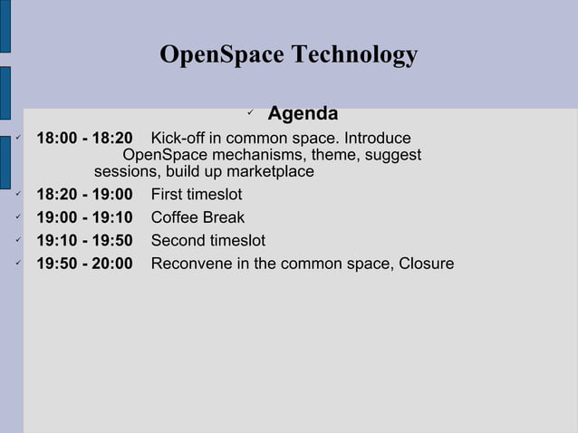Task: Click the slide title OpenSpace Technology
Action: click(x=288, y=55)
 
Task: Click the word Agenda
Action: click(x=303, y=114)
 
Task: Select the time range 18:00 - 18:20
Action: click(x=83, y=139)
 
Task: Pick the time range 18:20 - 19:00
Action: click(x=83, y=194)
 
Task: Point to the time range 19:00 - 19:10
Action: click(x=83, y=217)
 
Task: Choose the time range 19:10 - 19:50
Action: click(x=83, y=241)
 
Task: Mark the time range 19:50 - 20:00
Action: click(x=83, y=265)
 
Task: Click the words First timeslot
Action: click(x=196, y=194)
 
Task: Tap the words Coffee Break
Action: click(x=197, y=217)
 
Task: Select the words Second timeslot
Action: click(x=207, y=241)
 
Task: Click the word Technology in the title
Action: click(x=355, y=55)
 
